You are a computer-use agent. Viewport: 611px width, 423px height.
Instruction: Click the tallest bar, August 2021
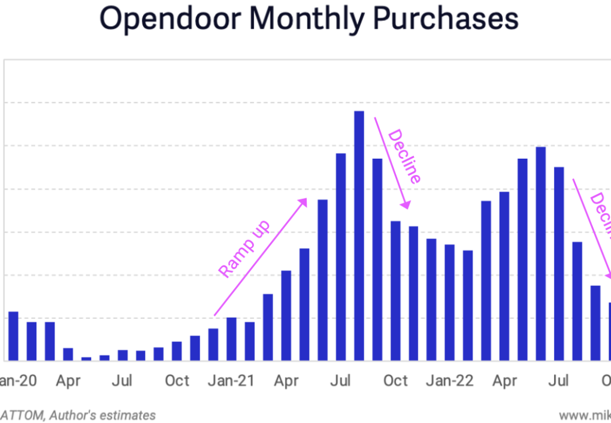point(359,236)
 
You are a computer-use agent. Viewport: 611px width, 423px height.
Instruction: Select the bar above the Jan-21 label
point(231,339)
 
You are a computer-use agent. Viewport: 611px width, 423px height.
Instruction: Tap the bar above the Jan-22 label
point(450,303)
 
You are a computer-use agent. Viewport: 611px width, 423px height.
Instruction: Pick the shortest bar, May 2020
point(86,359)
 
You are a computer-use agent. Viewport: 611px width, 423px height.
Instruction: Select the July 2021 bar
point(341,257)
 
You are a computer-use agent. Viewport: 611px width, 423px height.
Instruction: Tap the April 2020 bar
point(68,354)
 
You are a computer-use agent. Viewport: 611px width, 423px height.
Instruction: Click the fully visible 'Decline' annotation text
point(405,156)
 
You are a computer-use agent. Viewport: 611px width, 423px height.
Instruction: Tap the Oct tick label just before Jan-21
point(177,381)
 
